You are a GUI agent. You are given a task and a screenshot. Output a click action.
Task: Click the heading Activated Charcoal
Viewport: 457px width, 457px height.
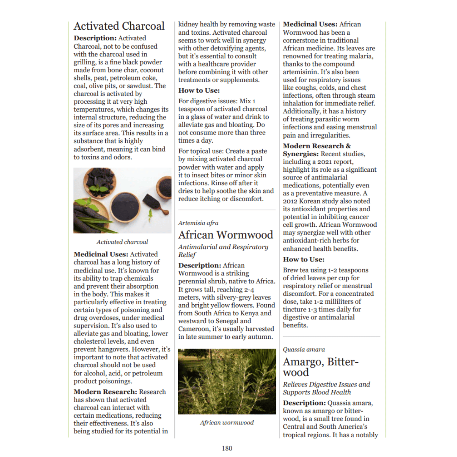119,26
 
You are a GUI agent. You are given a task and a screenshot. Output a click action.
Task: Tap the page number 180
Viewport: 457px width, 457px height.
227,448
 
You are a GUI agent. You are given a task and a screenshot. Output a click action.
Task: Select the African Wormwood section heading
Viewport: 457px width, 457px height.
226,235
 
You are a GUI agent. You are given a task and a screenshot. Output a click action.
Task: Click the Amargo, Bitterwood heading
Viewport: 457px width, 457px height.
320,367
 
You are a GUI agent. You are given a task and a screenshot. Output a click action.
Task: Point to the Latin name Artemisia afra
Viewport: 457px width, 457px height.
198,223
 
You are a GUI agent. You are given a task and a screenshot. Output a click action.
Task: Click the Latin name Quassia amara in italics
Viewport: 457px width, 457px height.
304,350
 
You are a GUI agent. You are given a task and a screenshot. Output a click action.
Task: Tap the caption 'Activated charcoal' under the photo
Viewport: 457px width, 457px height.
122,242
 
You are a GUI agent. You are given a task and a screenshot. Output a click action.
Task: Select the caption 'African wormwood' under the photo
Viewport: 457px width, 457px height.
227,422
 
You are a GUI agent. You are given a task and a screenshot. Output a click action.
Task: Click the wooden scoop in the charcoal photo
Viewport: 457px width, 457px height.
154,203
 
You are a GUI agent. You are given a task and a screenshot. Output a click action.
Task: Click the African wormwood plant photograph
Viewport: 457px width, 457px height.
227,381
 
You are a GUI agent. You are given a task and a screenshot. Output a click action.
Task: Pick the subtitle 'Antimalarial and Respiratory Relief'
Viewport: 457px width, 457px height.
223,251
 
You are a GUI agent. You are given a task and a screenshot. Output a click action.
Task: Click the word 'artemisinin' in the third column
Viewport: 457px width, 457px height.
300,72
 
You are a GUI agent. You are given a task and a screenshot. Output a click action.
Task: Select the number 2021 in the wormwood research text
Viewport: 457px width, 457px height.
347,162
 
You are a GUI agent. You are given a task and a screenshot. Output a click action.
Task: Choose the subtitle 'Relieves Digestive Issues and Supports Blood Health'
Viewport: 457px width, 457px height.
326,388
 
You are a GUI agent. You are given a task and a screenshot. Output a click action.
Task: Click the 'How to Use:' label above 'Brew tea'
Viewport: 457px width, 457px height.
303,259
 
